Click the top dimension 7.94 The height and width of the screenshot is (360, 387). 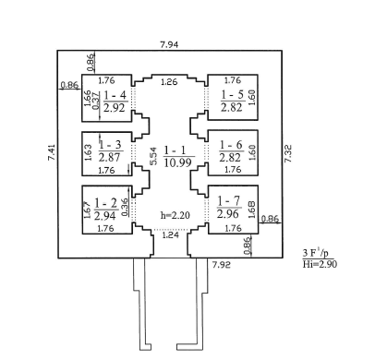tap(169, 44)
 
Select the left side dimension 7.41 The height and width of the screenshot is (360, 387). tap(52, 152)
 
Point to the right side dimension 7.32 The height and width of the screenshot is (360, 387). tap(288, 153)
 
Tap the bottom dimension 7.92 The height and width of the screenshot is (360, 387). tap(222, 265)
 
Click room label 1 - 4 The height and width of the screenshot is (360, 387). tap(115, 95)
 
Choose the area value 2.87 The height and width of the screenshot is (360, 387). tap(109, 157)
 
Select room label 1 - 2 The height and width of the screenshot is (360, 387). tap(106, 203)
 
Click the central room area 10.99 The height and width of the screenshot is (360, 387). tap(178, 162)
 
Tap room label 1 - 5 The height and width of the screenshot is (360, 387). tap(233, 95)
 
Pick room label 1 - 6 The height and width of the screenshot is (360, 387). tap(231, 145)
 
